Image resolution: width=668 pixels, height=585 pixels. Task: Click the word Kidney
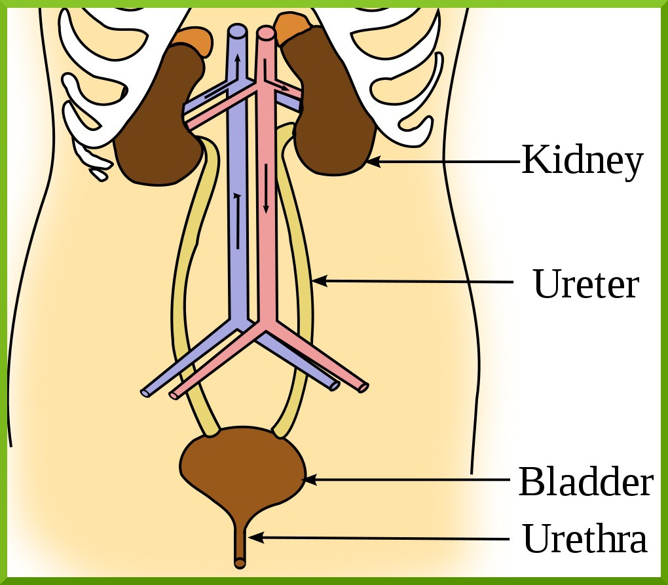[582, 160]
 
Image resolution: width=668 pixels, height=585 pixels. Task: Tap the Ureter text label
[585, 284]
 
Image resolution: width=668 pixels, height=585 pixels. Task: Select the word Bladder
[585, 482]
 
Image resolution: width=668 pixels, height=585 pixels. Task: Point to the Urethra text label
[585, 539]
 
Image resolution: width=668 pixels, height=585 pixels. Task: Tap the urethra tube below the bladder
[240, 537]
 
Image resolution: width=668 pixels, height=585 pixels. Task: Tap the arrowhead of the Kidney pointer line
[372, 160]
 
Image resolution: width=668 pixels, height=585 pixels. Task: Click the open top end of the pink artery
[265, 32]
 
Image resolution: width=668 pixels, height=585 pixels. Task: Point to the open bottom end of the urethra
[240, 562]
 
